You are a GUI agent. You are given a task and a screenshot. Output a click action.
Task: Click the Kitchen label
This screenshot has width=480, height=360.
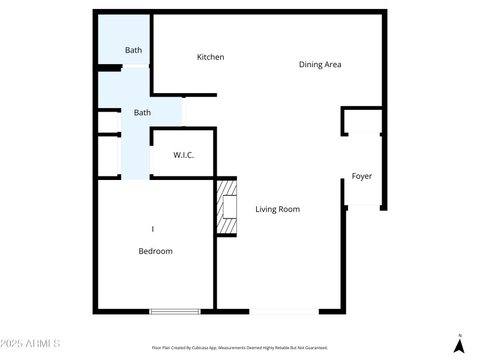click(x=211, y=57)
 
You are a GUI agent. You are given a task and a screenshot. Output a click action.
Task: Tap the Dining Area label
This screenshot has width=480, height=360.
click(x=320, y=64)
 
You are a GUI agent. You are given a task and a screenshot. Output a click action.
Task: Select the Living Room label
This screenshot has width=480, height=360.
click(x=277, y=209)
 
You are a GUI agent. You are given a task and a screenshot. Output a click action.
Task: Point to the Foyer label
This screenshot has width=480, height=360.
click(x=362, y=176)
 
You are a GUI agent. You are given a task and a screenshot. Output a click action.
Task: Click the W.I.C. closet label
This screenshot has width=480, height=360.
click(x=184, y=155)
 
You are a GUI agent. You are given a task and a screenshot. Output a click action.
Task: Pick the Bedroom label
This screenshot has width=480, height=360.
click(x=155, y=251)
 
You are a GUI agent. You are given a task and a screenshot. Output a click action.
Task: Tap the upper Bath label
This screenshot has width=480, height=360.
click(x=133, y=50)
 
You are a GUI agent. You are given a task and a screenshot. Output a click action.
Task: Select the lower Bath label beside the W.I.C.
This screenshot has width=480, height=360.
click(x=142, y=112)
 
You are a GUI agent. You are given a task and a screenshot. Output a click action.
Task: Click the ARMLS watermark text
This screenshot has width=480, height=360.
click(x=30, y=344)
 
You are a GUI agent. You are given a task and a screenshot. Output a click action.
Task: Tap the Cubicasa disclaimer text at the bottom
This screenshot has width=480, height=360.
click(x=240, y=348)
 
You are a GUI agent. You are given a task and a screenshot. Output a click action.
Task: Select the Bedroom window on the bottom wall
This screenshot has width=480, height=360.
click(x=175, y=311)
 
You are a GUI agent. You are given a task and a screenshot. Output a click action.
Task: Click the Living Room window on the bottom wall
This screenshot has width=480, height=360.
click(x=284, y=311)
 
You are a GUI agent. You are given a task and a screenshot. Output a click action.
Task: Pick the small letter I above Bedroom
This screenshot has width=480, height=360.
click(x=153, y=229)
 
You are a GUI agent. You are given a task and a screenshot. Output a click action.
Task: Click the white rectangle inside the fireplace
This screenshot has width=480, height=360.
click(x=230, y=206)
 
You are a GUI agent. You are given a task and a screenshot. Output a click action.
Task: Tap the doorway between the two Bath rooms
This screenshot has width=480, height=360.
click(x=136, y=66)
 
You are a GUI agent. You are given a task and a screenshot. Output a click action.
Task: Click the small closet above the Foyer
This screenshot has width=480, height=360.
click(x=362, y=121)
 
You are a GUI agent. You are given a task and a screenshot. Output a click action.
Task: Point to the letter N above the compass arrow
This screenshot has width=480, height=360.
click(x=460, y=335)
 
